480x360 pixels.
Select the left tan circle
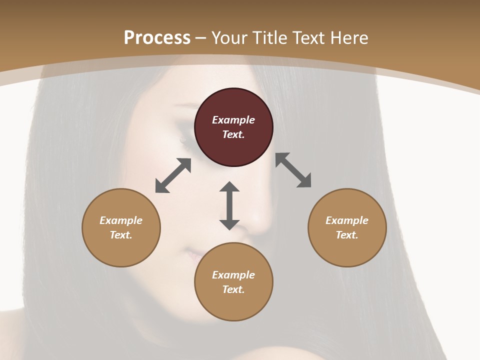(x=121, y=227)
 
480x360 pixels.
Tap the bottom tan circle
(x=233, y=281)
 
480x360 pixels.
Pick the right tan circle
(x=347, y=227)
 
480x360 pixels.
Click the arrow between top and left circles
(x=173, y=175)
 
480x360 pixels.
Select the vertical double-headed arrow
(x=229, y=205)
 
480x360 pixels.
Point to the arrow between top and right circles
(x=293, y=170)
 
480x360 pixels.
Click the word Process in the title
(x=157, y=37)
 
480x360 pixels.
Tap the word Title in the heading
(x=270, y=37)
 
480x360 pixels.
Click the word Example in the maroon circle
(x=233, y=120)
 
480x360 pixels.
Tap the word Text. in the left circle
(x=121, y=235)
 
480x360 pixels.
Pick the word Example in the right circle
(x=347, y=220)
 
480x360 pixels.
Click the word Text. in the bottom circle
(x=233, y=289)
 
